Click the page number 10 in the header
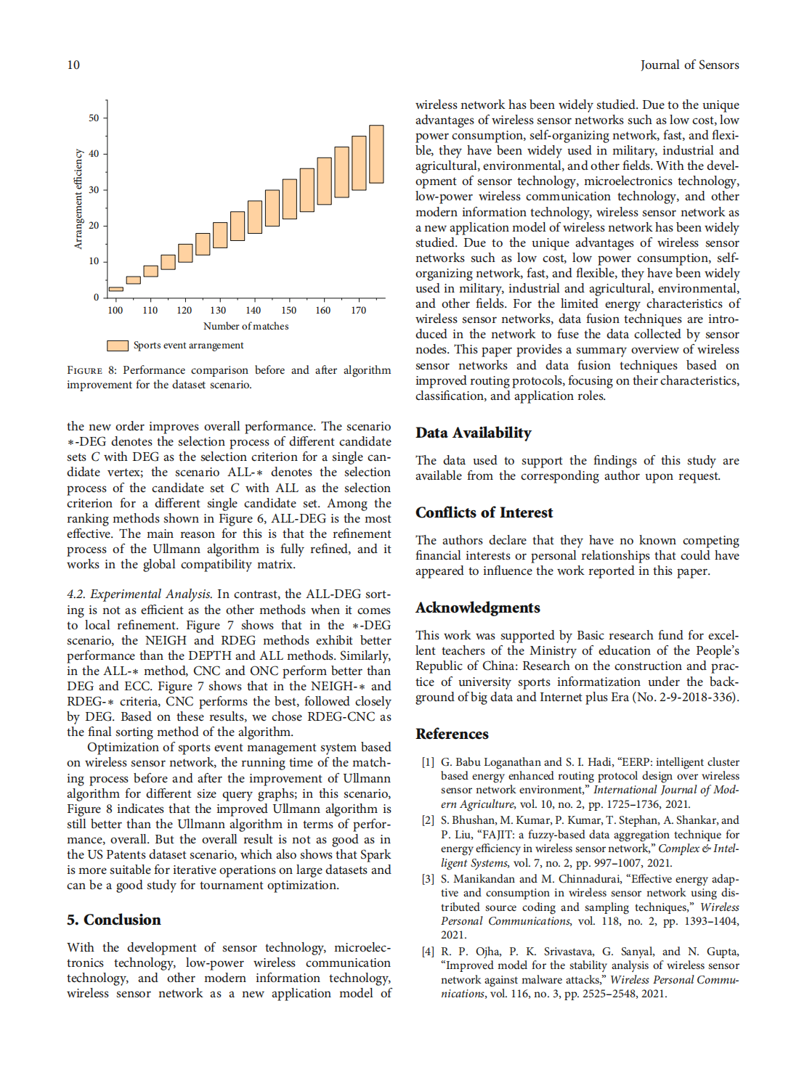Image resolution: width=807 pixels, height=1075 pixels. [x=73, y=65]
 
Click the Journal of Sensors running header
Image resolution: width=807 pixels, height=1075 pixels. [x=689, y=65]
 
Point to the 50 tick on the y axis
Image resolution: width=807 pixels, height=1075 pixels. [x=94, y=118]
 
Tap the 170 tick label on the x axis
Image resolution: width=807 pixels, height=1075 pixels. [x=358, y=310]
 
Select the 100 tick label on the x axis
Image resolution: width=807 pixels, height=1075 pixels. [x=115, y=310]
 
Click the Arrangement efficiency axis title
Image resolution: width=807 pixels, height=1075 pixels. [x=78, y=199]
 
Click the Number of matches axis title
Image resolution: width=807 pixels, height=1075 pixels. [x=246, y=326]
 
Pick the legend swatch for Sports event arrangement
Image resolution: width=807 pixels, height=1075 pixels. [x=118, y=346]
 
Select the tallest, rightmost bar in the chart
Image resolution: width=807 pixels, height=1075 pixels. [x=376, y=154]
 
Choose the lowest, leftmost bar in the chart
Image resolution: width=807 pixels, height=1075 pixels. [x=115, y=289]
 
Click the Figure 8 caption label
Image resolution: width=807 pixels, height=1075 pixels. [x=92, y=370]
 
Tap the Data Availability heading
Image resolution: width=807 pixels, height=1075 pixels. [x=473, y=433]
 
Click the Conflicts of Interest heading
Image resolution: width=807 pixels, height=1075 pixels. [x=484, y=512]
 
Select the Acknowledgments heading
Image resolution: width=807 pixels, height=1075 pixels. [x=477, y=608]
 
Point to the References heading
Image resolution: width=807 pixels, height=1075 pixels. [x=452, y=734]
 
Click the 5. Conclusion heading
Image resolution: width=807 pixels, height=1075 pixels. [x=113, y=920]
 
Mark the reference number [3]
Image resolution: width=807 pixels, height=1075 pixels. [x=428, y=879]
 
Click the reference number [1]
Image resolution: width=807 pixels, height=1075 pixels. [x=428, y=762]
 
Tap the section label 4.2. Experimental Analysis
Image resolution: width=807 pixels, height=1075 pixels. [x=139, y=594]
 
